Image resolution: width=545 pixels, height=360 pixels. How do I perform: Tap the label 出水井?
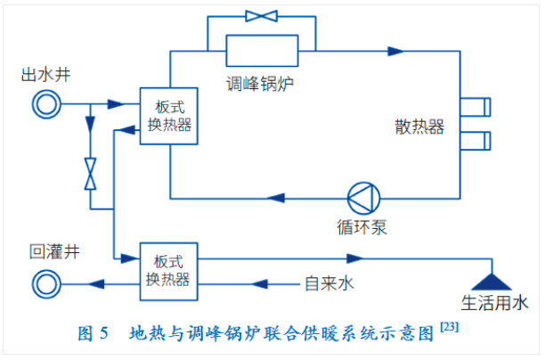[x=41, y=76]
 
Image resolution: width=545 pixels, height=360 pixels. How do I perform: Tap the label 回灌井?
[x=41, y=253]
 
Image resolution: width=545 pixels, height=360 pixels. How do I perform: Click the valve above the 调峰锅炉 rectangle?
[x=261, y=15]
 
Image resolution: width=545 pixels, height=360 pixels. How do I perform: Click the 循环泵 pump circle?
[x=362, y=197]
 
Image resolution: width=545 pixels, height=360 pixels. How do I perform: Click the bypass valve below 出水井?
[x=91, y=172]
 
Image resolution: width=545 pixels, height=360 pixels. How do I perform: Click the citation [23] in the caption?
[x=450, y=329]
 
